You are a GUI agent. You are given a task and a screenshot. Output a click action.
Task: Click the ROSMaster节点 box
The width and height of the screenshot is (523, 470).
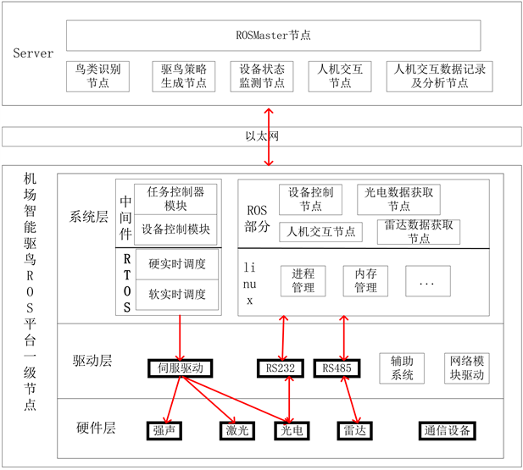273,36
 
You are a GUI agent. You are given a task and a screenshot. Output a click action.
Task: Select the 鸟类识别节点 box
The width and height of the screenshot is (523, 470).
97,75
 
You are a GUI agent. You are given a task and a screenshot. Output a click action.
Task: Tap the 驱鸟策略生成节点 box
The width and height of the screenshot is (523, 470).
184,75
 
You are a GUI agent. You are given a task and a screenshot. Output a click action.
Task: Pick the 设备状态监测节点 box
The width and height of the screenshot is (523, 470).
262,75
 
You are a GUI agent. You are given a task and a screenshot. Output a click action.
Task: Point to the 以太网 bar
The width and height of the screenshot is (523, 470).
261,136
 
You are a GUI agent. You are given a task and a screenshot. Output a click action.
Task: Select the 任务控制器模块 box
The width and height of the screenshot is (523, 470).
176,198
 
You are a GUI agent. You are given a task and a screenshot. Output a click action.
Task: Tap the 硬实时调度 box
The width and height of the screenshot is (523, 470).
176,263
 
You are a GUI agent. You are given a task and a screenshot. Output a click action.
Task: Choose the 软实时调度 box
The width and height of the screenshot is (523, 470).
176,294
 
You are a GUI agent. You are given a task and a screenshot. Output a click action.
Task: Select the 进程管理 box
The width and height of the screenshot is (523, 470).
303,281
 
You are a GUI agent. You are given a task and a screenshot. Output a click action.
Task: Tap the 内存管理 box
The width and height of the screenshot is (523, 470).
366,281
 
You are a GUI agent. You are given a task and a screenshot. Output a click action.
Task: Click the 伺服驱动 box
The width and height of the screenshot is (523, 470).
179,368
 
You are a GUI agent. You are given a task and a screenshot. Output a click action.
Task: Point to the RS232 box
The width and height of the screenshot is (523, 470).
281,368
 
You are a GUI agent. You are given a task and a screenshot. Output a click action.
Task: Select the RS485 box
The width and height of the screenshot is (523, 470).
337,368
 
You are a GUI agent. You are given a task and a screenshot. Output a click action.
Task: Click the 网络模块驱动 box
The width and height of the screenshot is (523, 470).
465,368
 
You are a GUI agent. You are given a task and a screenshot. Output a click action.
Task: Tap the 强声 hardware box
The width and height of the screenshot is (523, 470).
164,429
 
